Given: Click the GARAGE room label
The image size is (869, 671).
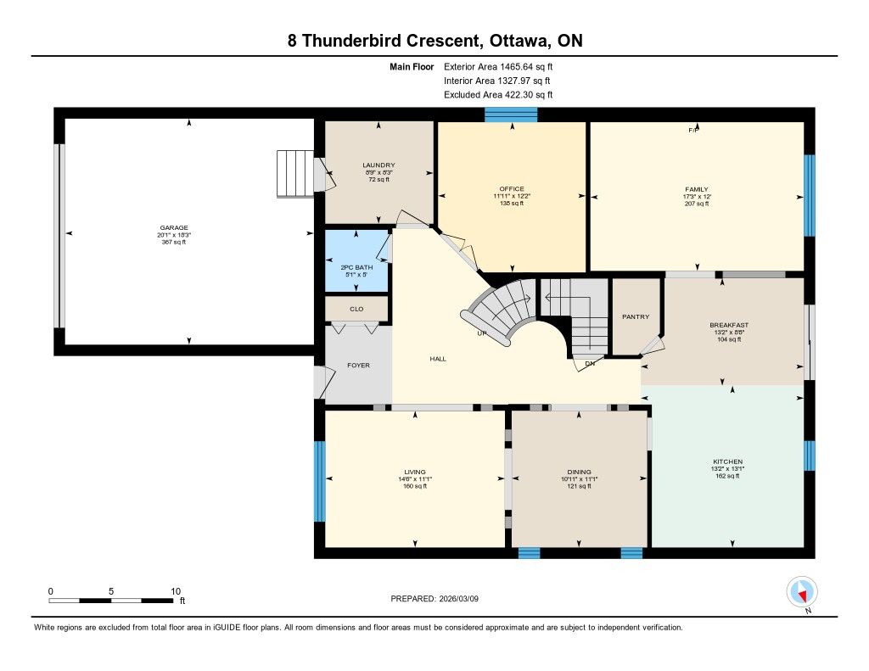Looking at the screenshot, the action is coord(174,227).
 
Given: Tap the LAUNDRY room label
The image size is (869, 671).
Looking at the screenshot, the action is coord(379,165).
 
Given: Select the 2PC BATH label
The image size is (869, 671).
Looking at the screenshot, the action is coord(356,267).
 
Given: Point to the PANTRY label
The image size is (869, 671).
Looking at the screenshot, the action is coord(636,316).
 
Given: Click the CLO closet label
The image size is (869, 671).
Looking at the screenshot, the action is coord(356,309).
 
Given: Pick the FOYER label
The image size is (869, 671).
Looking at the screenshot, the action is coord(359,365).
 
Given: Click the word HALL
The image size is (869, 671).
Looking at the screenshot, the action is coord(438,359).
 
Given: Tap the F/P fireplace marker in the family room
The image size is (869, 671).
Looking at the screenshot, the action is coord(693,130).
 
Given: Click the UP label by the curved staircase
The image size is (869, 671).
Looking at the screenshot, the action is coord(482,333).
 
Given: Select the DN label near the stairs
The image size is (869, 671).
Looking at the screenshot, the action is coord(590,363).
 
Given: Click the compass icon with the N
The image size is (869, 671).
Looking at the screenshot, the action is coord(802,592).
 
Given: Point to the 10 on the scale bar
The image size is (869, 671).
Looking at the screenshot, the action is coord(176,591).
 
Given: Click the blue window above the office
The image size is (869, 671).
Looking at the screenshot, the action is coord(511,115).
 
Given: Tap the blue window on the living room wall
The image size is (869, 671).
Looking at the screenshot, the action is coord(319,481).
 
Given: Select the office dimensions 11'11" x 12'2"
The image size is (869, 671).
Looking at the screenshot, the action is coord(512,196).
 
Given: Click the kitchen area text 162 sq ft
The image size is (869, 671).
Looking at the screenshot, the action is coord(728,475).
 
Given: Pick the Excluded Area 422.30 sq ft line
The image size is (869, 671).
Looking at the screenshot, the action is coord(498,95).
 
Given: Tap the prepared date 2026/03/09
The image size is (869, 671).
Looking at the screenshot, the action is coord(459,598).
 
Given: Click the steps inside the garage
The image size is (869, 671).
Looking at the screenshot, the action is coord(295,173).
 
